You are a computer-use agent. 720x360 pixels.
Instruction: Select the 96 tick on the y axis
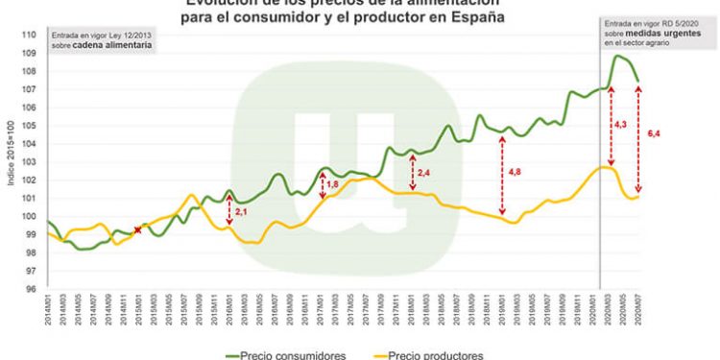pos(29,289)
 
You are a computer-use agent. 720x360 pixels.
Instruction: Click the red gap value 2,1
pos(241,210)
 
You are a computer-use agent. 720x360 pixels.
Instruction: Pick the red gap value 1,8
pos(333,183)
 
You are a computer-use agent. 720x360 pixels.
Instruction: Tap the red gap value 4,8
pos(514,171)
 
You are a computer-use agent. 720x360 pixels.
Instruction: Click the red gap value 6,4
pos(655,134)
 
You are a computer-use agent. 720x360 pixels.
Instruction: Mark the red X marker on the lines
pos(137,230)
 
